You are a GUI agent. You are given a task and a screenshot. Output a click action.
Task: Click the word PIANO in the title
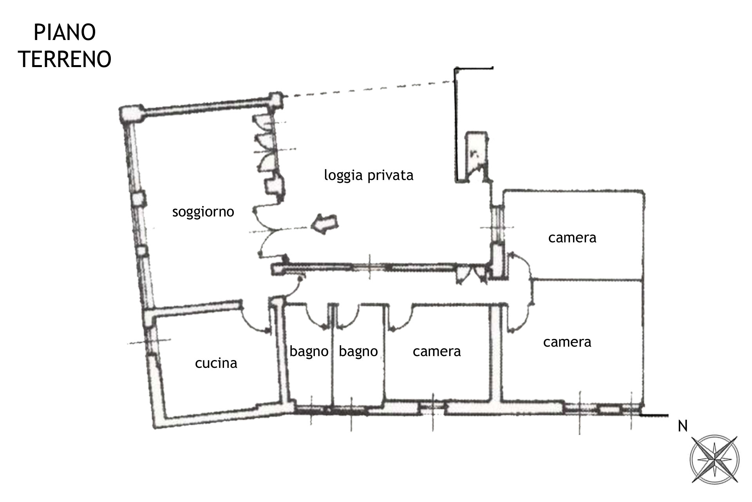65,33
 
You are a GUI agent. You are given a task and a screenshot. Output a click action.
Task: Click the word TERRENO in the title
65,59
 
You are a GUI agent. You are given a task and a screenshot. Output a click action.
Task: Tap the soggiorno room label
203,212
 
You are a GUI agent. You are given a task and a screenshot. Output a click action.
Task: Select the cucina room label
216,363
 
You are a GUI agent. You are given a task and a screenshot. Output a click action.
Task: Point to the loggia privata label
369,175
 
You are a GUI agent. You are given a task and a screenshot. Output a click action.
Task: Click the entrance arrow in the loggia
325,224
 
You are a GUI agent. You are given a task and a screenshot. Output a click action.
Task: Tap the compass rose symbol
714,459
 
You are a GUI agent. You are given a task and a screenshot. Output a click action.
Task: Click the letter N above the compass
683,426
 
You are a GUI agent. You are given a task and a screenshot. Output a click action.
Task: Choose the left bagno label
309,351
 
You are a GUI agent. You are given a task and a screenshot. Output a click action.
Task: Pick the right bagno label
358,351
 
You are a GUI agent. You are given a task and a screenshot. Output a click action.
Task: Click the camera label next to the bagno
437,351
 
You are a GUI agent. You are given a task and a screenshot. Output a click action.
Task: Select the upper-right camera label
572,238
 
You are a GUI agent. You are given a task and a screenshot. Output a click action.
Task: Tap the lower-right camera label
567,342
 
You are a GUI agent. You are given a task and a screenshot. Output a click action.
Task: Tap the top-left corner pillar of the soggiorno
132,114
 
